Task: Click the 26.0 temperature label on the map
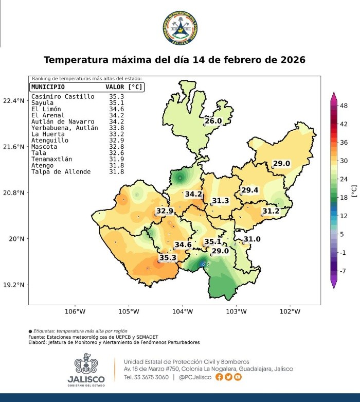(213, 121)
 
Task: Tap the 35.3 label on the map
(168, 257)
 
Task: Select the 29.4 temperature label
(250, 190)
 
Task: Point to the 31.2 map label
(271, 211)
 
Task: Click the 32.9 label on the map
(165, 211)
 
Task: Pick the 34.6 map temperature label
(183, 244)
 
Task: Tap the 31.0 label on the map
(252, 239)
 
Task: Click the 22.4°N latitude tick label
(13, 101)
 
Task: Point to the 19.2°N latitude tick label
(13, 285)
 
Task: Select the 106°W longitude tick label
(75, 311)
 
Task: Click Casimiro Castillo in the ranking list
(63, 96)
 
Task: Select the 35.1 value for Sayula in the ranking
(116, 102)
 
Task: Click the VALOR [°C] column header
(123, 87)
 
